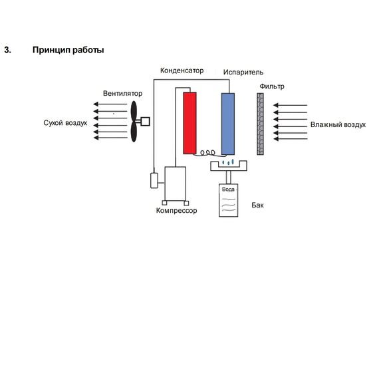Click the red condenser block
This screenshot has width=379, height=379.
[x=189, y=123]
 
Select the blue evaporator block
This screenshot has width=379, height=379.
[x=228, y=124]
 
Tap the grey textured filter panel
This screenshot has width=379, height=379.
[x=260, y=124]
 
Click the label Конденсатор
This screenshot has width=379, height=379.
[x=182, y=70]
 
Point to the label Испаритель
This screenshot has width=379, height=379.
[x=243, y=72]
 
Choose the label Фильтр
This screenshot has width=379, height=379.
[x=272, y=86]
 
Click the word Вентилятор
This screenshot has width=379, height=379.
[x=122, y=93]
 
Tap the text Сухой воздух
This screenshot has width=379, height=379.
[x=65, y=123]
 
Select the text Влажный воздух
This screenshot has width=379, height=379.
[x=338, y=125]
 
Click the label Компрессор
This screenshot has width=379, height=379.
[x=176, y=211]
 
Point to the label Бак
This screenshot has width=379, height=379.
[x=258, y=205]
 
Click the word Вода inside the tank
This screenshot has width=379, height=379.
[x=228, y=189]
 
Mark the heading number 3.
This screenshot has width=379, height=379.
[x=7, y=50]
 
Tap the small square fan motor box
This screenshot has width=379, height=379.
[x=145, y=121]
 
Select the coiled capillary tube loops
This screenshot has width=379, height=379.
[x=207, y=152]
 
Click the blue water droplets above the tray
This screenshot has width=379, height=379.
[x=228, y=162]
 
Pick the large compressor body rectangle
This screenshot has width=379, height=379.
[x=176, y=184]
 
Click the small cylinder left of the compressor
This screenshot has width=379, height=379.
[x=154, y=180]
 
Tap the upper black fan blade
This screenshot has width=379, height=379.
[x=134, y=111]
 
